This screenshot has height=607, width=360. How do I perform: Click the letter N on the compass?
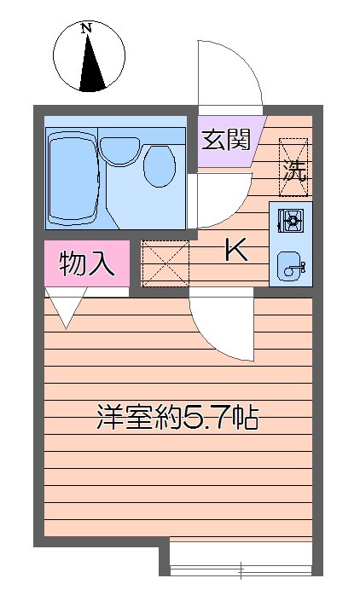pos(85,28)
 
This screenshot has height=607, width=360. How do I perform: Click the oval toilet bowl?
pos(158,165)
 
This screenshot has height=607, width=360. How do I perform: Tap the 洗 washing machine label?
pos(293,169)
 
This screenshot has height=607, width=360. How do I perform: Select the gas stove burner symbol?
pos(291,222)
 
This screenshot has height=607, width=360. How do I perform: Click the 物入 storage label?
pos(87,263)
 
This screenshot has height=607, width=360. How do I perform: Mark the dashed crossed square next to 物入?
pos(164,263)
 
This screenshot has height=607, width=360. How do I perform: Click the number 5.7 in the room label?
pos(204,419)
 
